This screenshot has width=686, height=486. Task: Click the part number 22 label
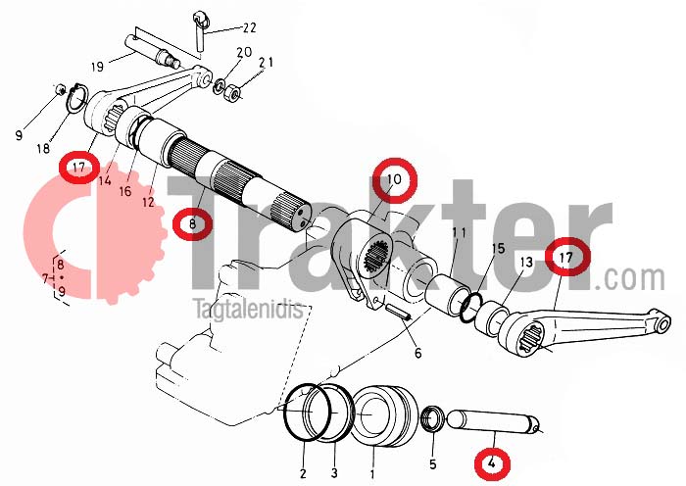[x=249, y=28]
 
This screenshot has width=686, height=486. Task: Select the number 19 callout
[x=98, y=67]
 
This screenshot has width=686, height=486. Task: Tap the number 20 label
[x=244, y=52]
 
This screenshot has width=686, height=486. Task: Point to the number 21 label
[x=266, y=63]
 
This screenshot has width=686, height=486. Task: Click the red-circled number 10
[x=394, y=179]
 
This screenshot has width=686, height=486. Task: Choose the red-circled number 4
[x=492, y=462]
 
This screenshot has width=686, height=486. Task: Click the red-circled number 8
[x=192, y=224]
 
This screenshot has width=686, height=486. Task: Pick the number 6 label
[x=417, y=353]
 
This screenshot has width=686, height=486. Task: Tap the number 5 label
[x=433, y=463]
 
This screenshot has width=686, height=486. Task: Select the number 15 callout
[x=498, y=249]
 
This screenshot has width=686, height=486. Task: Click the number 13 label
[x=526, y=262]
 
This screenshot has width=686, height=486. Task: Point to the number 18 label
[x=43, y=149]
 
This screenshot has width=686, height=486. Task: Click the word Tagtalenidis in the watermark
[x=249, y=310]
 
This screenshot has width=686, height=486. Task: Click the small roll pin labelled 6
[x=398, y=313]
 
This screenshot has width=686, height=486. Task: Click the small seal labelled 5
[x=432, y=418]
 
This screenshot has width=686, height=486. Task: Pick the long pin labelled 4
[x=493, y=420]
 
